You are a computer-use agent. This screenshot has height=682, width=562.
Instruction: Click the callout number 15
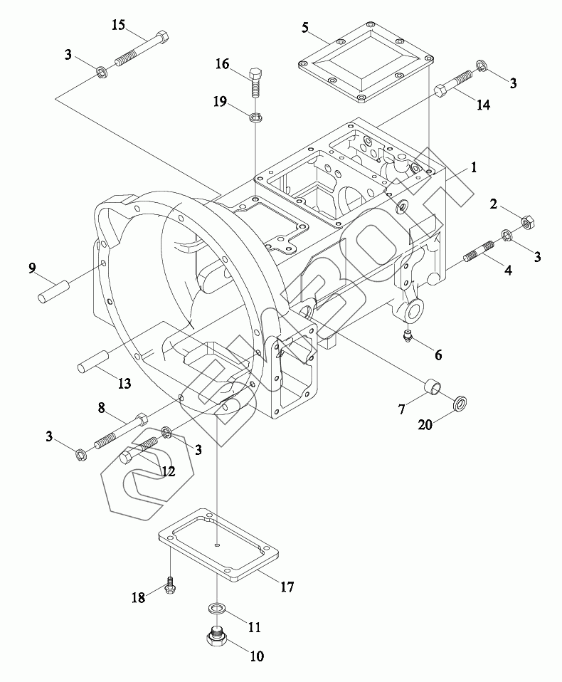(118, 26)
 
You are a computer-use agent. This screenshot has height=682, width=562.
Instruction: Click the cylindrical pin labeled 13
(92, 361)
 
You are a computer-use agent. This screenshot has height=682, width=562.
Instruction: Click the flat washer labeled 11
(217, 609)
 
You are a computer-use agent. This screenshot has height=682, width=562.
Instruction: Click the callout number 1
(472, 168)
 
